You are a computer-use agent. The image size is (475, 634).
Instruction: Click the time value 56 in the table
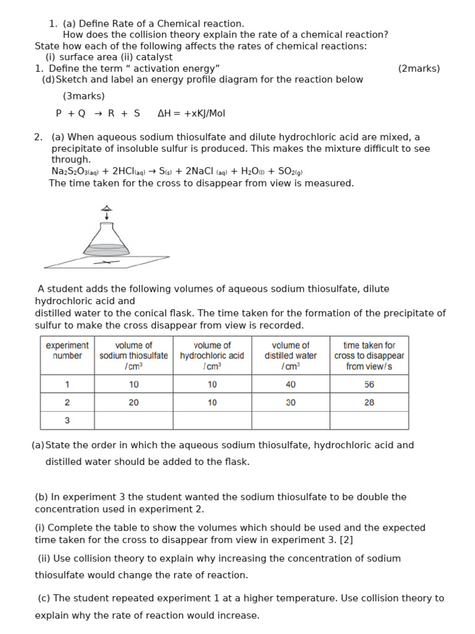(x=369, y=384)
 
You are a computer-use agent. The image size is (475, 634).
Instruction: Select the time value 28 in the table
(x=369, y=402)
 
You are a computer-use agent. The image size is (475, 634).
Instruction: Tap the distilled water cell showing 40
(x=290, y=384)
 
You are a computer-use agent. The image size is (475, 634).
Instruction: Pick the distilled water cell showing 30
(x=290, y=402)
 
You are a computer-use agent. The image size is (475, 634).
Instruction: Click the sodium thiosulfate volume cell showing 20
(x=134, y=402)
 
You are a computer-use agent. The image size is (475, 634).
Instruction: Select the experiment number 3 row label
(x=67, y=420)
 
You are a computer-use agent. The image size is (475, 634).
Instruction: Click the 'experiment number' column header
(x=67, y=350)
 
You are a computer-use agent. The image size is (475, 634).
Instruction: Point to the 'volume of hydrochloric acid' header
(x=212, y=355)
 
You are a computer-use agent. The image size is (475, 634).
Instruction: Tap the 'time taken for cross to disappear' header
(x=369, y=355)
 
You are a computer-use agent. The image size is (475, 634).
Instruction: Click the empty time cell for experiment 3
(x=369, y=420)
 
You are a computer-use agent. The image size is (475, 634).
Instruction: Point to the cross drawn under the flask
(x=106, y=263)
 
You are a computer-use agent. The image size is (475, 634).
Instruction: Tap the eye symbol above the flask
(x=106, y=209)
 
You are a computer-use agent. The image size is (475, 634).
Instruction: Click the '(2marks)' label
(x=419, y=69)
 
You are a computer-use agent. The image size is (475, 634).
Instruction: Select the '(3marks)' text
(x=83, y=96)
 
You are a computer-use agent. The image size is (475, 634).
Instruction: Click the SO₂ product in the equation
(x=291, y=172)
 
